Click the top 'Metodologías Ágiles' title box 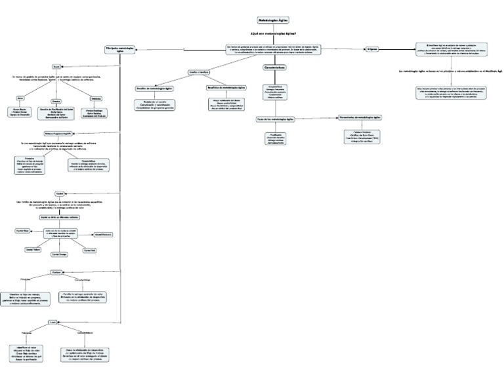tap(273, 20)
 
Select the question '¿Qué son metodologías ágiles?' tap(273, 33)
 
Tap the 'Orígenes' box tap(371, 49)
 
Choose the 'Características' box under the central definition tap(274, 67)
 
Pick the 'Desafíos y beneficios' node tap(198, 71)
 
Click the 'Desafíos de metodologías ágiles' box tap(155, 87)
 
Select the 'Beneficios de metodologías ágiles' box tap(226, 87)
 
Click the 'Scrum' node tap(56, 67)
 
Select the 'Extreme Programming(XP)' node tap(57, 133)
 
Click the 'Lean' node tap(52, 322)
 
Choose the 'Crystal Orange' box tap(59, 254)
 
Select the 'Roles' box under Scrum tap(30, 97)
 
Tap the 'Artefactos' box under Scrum tap(96, 98)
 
